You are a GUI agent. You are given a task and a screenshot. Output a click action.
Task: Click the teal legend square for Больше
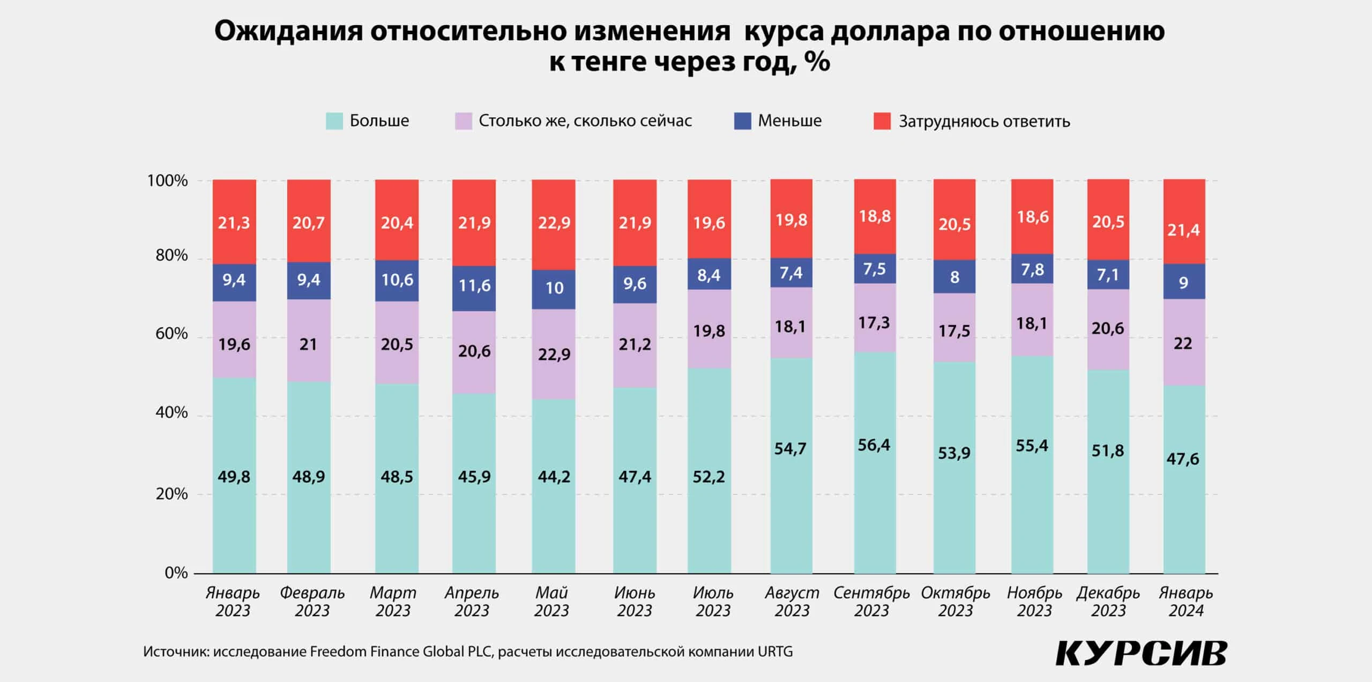pyautogui.click(x=334, y=121)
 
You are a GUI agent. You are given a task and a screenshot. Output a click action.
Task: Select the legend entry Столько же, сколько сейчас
pyautogui.click(x=585, y=121)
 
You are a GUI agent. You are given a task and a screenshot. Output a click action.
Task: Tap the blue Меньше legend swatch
pyautogui.click(x=742, y=121)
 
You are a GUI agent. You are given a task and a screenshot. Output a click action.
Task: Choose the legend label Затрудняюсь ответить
pyautogui.click(x=984, y=122)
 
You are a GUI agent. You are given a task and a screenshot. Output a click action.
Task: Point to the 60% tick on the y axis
pyautogui.click(x=171, y=334)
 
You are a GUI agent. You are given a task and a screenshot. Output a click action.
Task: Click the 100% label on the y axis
pyautogui.click(x=168, y=181)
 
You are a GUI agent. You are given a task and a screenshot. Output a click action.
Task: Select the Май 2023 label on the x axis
pyautogui.click(x=551, y=601)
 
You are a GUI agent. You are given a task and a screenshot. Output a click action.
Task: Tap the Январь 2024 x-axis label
pyautogui.click(x=1185, y=601)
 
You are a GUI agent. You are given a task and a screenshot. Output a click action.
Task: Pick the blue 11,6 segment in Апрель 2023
pyautogui.click(x=474, y=286)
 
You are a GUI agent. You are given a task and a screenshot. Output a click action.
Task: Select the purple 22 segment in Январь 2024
pyautogui.click(x=1183, y=343)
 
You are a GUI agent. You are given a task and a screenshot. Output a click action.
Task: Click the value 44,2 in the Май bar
pyautogui.click(x=554, y=476)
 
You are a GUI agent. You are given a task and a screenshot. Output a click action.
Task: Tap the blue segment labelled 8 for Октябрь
pyautogui.click(x=955, y=277)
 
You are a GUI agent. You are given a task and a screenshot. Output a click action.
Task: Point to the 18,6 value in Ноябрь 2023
pyautogui.click(x=1032, y=217)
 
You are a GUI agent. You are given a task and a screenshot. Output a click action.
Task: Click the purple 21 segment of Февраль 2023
pyautogui.click(x=308, y=344)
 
